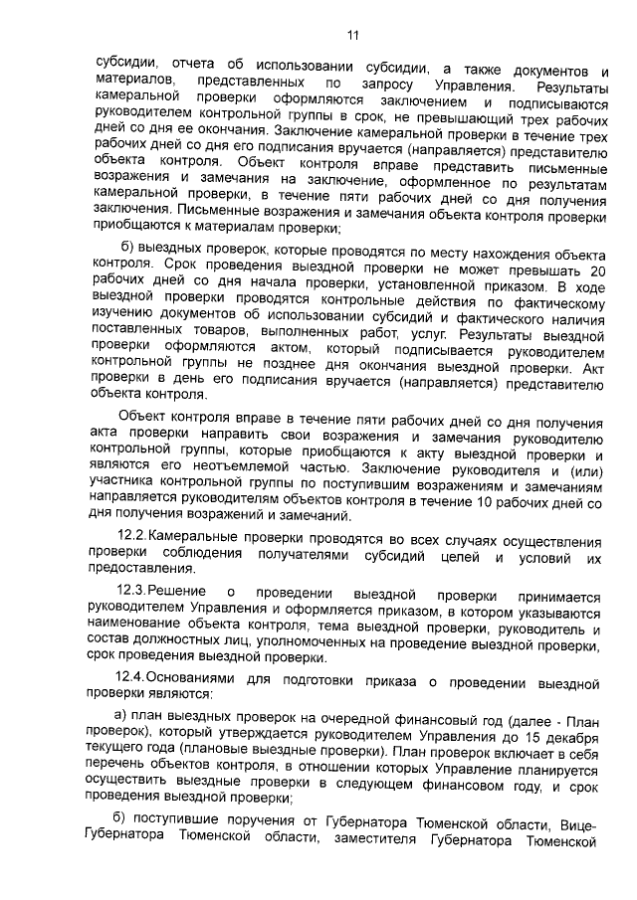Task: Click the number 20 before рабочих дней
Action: [593, 271]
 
